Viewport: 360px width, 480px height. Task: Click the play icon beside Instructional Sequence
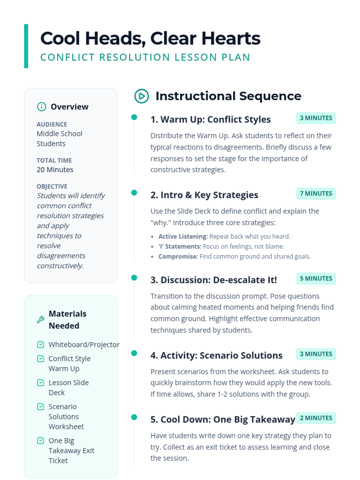[x=142, y=96]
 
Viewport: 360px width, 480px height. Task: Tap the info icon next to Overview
[x=41, y=106]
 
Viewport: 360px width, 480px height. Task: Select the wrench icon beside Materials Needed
[x=40, y=319]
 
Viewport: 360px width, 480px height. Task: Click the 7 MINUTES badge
[x=316, y=193]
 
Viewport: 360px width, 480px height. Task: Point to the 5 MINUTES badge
[x=316, y=278]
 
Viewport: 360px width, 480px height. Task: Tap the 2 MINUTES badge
[x=316, y=418]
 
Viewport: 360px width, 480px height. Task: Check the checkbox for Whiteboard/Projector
[x=40, y=344]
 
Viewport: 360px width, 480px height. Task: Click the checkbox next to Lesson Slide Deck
[x=40, y=382]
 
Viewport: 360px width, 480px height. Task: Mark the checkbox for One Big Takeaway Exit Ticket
[x=40, y=440]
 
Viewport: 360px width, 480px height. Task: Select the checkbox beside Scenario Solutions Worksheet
[x=40, y=406]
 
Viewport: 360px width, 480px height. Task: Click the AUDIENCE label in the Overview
[x=52, y=124]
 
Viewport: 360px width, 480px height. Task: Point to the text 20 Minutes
[x=55, y=169]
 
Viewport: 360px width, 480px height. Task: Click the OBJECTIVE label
[x=52, y=186]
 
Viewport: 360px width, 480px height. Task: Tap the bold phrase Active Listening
[x=183, y=236]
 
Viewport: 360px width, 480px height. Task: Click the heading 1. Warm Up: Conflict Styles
[x=211, y=119]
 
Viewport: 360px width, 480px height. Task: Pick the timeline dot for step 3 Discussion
[x=134, y=277]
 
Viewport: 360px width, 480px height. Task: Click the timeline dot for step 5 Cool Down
[x=134, y=417]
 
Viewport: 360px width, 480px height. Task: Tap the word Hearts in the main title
[x=231, y=38]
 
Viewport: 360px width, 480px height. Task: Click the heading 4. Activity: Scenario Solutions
[x=216, y=355]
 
